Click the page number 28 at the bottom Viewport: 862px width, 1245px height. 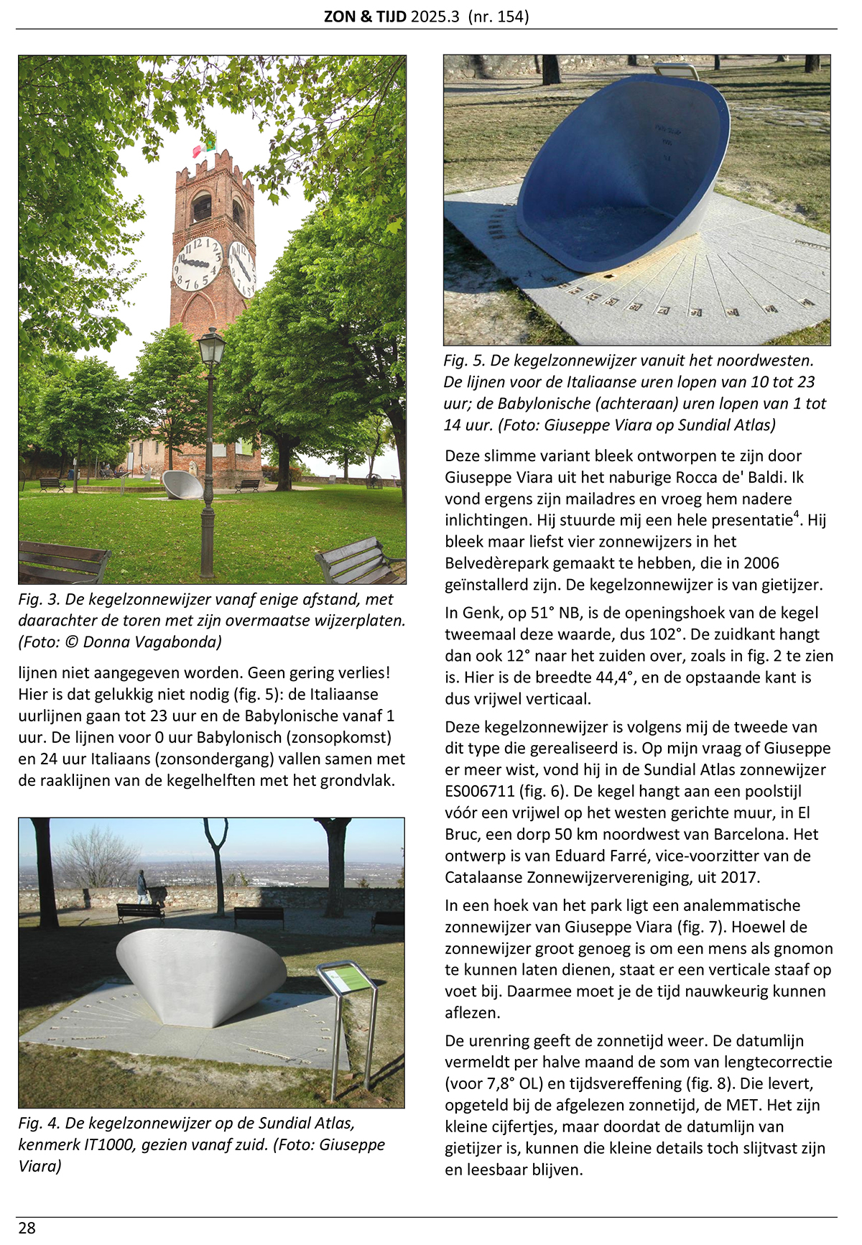(x=27, y=1228)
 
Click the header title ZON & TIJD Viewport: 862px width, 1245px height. (x=365, y=17)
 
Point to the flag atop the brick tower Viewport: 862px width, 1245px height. (x=205, y=145)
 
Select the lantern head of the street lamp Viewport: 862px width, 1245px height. (x=211, y=347)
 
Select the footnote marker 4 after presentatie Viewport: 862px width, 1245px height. (x=797, y=514)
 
